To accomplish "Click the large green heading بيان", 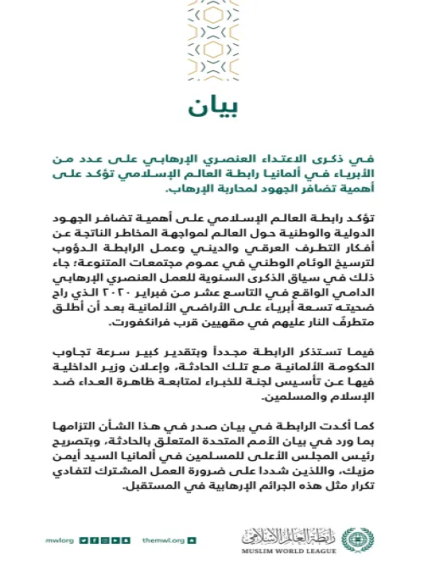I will point(211,107).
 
